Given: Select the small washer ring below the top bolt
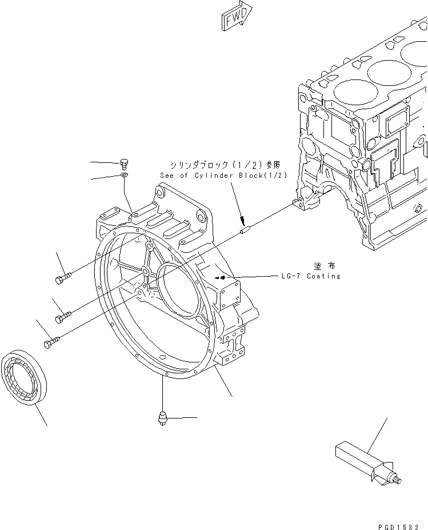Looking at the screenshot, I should [125, 176].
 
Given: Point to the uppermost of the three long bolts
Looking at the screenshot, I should [63, 278].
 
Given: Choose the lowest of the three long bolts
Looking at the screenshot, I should [51, 342].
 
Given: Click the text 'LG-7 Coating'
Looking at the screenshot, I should [310, 277].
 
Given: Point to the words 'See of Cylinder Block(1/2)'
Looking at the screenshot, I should [223, 176].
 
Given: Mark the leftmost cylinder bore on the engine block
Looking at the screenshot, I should [347, 91].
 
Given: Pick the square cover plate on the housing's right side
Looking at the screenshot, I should [233, 297].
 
